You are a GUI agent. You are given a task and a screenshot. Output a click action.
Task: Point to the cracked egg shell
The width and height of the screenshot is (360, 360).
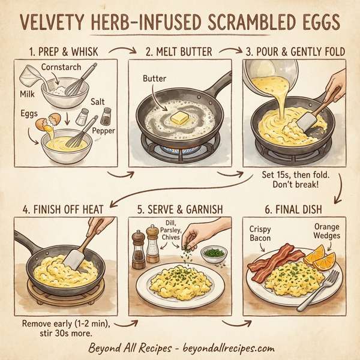(x=44, y=125)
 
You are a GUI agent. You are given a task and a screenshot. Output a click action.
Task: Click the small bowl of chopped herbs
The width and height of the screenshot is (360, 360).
(x=212, y=254)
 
